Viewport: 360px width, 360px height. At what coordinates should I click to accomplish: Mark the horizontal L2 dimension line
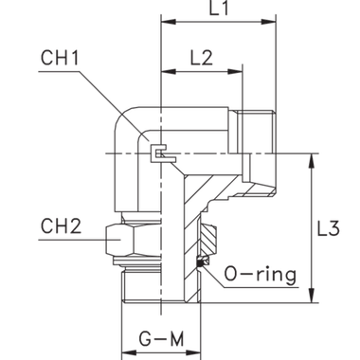click(x=201, y=70)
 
